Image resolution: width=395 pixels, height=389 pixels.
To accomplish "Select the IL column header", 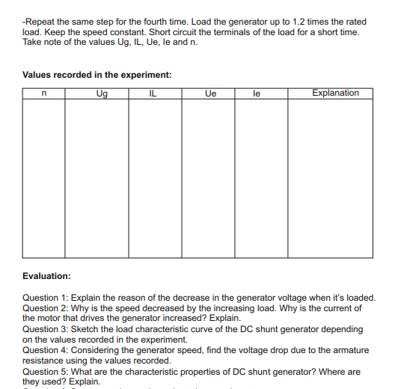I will click(154, 94).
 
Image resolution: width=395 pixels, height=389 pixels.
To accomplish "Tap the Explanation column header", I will click(335, 94).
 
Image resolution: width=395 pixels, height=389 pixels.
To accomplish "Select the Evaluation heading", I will click(46, 276).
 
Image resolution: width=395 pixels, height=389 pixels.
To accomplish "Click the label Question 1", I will click(46, 297).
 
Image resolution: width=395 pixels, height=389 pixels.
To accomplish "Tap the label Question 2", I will click(46, 307).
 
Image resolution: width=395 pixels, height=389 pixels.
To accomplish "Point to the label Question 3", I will click(46, 328).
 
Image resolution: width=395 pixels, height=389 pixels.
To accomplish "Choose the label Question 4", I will click(46, 350).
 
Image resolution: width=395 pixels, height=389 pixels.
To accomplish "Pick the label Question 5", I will click(46, 371).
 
